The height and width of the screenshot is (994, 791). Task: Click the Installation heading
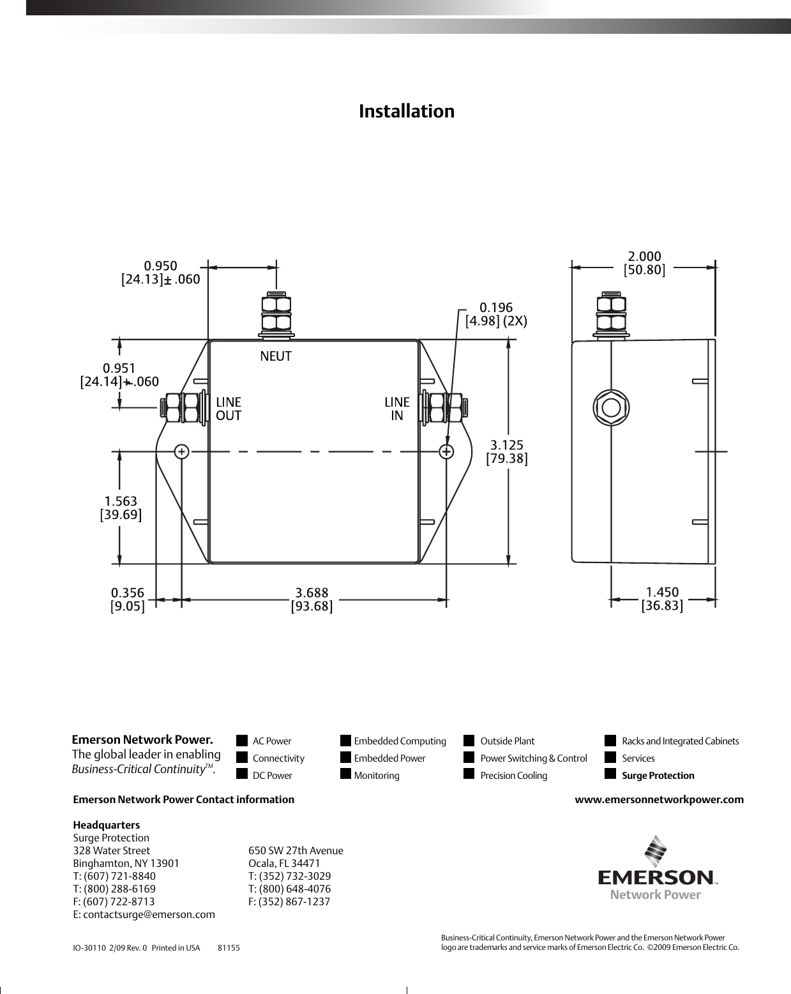pos(407,111)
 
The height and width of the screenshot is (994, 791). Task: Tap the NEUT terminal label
pos(276,356)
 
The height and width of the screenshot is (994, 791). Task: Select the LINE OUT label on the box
pos(229,409)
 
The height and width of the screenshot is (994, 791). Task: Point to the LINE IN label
pos(396,409)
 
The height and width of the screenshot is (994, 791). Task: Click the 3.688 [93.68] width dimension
pos(312,599)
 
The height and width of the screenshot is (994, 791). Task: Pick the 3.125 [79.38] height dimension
pos(507,451)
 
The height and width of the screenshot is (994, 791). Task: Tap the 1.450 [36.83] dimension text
pos(662,598)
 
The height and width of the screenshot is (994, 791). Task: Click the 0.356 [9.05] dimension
pos(128,599)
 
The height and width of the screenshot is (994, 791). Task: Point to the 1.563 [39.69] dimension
pos(121,508)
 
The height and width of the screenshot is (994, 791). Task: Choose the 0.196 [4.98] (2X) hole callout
pos(496,314)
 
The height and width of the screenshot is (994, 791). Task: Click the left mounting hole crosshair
pos(182,451)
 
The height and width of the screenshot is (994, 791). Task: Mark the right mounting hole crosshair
pos(446,451)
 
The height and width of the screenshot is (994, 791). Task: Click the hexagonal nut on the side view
pos(611,407)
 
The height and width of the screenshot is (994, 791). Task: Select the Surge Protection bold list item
pos(658,776)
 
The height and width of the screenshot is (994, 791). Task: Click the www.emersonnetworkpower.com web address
pos(659,799)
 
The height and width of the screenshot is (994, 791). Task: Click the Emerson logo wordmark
pos(655,878)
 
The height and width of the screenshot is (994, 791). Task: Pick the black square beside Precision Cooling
pos(469,774)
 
